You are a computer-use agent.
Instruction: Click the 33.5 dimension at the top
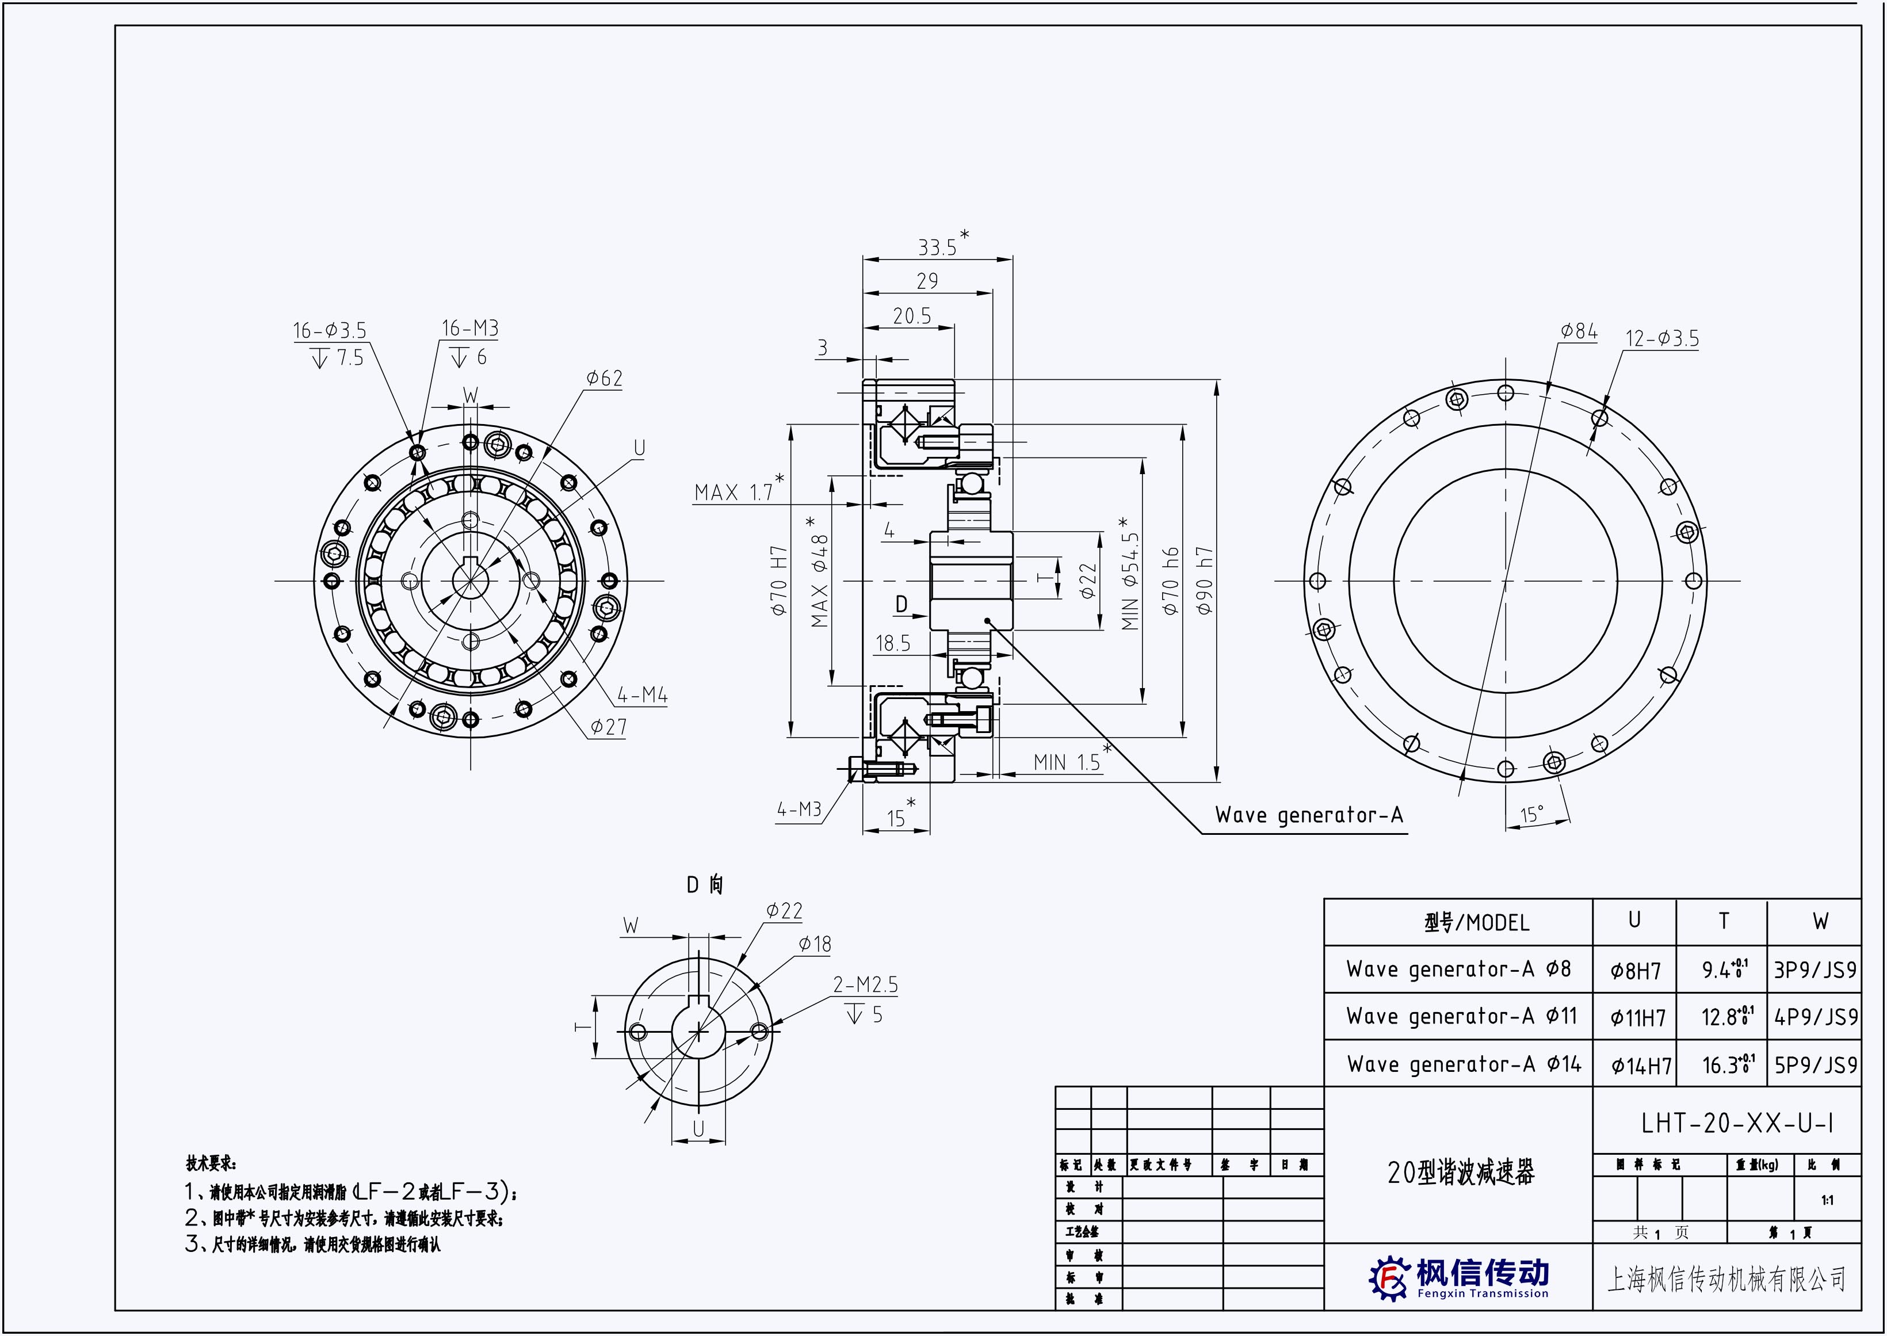click(x=937, y=247)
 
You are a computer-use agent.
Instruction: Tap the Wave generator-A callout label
click(x=1309, y=815)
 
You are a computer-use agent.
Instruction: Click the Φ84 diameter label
click(x=1579, y=331)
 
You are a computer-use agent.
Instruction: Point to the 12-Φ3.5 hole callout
click(x=1661, y=339)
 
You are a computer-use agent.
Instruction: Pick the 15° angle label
click(x=1531, y=815)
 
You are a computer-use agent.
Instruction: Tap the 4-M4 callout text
click(x=643, y=695)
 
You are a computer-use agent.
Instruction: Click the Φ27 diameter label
click(x=608, y=727)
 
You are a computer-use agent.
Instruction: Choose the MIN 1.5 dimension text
click(x=1067, y=762)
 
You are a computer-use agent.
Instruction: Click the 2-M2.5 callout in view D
click(x=865, y=984)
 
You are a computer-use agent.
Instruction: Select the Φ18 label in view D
click(x=815, y=944)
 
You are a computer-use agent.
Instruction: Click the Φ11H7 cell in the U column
click(x=1637, y=1018)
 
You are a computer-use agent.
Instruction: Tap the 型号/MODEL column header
click(x=1477, y=923)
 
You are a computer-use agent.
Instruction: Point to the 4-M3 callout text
click(x=799, y=810)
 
